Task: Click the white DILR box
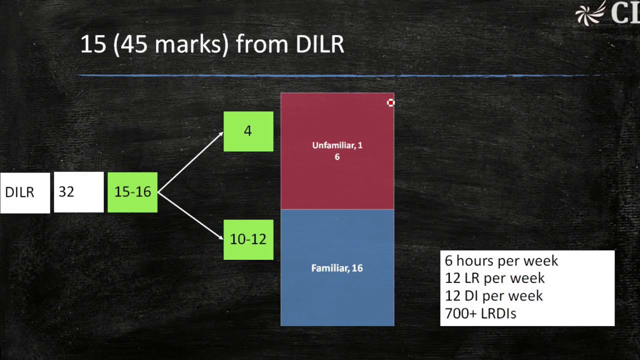coord(25,192)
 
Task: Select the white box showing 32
coord(78,192)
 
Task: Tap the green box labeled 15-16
coord(132,192)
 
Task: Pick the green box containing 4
coord(248,131)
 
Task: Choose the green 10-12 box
coord(248,239)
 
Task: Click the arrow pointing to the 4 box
coord(190,161)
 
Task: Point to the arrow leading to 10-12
coord(190,216)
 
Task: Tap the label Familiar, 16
coord(337,268)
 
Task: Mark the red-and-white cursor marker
coord(390,102)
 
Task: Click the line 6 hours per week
coord(501,260)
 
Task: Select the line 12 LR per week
coord(494,278)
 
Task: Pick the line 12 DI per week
coord(493,295)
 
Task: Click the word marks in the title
coord(191,44)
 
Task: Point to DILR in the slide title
coord(319,44)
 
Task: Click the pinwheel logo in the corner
coord(590,14)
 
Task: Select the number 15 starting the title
coord(93,44)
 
